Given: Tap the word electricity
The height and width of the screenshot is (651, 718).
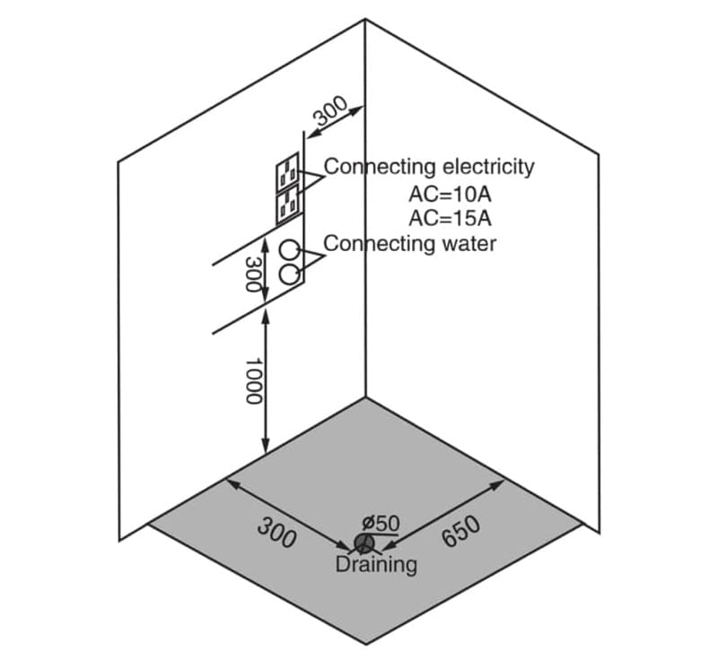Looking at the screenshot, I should pyautogui.click(x=489, y=166).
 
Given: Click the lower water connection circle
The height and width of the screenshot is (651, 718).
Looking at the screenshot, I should pyautogui.click(x=290, y=273).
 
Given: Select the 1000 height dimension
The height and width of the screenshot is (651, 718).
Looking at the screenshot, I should pyautogui.click(x=252, y=379).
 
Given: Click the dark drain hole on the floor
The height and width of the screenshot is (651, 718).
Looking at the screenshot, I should pyautogui.click(x=363, y=543).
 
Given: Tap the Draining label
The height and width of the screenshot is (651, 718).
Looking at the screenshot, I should pyautogui.click(x=376, y=565).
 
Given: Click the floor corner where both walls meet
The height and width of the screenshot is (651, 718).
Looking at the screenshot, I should pyautogui.click(x=365, y=397).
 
